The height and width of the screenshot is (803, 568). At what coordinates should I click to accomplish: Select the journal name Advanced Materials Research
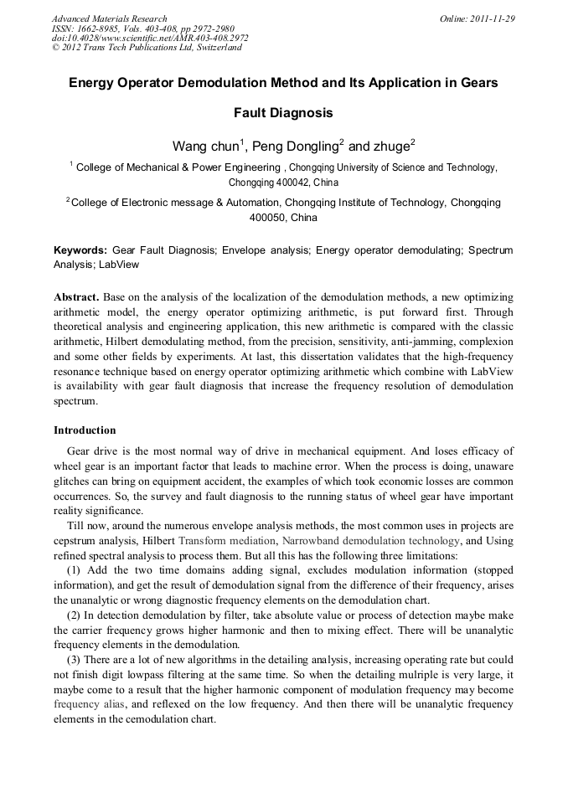pos(110,18)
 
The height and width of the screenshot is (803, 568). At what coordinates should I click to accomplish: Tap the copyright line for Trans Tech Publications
pos(147,48)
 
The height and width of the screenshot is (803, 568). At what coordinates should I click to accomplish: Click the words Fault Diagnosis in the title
pos(283,112)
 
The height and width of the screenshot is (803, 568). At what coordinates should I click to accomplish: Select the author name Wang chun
pos(205,146)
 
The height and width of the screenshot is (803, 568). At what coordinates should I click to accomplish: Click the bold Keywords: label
pos(80,250)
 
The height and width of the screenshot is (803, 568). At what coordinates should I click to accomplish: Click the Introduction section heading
pos(85,430)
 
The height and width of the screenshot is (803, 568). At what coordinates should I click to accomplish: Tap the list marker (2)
pos(73,615)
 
